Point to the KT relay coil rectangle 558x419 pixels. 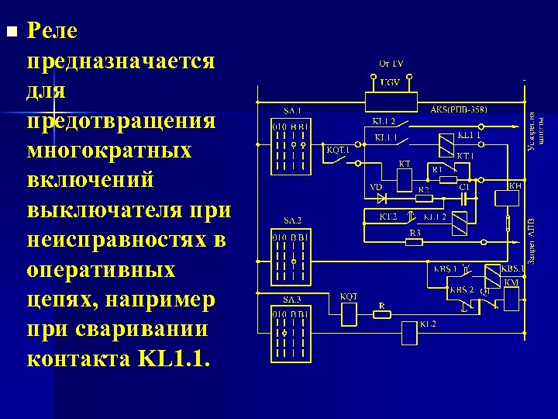coord(404,180)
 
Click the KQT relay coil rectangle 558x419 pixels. coord(349,313)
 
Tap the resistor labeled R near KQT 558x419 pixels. coord(381,314)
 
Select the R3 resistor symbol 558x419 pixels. coord(415,241)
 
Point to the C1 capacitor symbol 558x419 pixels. coord(464,197)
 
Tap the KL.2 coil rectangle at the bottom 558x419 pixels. coord(408,333)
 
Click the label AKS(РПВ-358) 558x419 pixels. coord(459,110)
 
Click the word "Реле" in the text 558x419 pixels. coord(52,32)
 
